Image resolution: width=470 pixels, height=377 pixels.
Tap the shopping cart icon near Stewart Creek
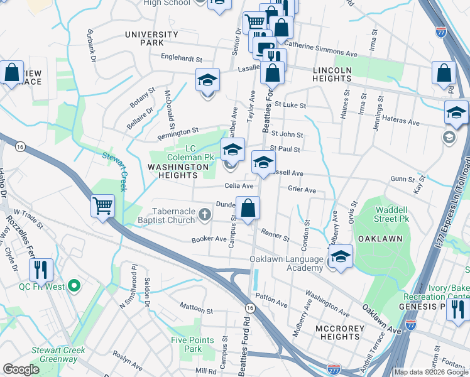[102, 205]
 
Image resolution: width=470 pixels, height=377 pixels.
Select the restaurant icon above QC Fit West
[41, 270]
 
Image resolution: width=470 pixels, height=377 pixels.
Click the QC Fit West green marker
[74, 287]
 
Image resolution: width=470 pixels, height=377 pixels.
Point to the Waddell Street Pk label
[390, 214]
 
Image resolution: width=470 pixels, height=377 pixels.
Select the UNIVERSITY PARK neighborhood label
[151, 38]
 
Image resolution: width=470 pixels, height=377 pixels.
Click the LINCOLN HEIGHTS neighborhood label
[331, 74]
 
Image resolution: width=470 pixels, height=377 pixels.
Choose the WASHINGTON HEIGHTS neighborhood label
[178, 172]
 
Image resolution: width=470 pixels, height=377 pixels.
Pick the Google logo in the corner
[21, 369]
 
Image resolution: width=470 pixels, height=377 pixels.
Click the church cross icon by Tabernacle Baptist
[204, 216]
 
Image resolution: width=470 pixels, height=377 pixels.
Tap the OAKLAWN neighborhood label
[379, 239]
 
